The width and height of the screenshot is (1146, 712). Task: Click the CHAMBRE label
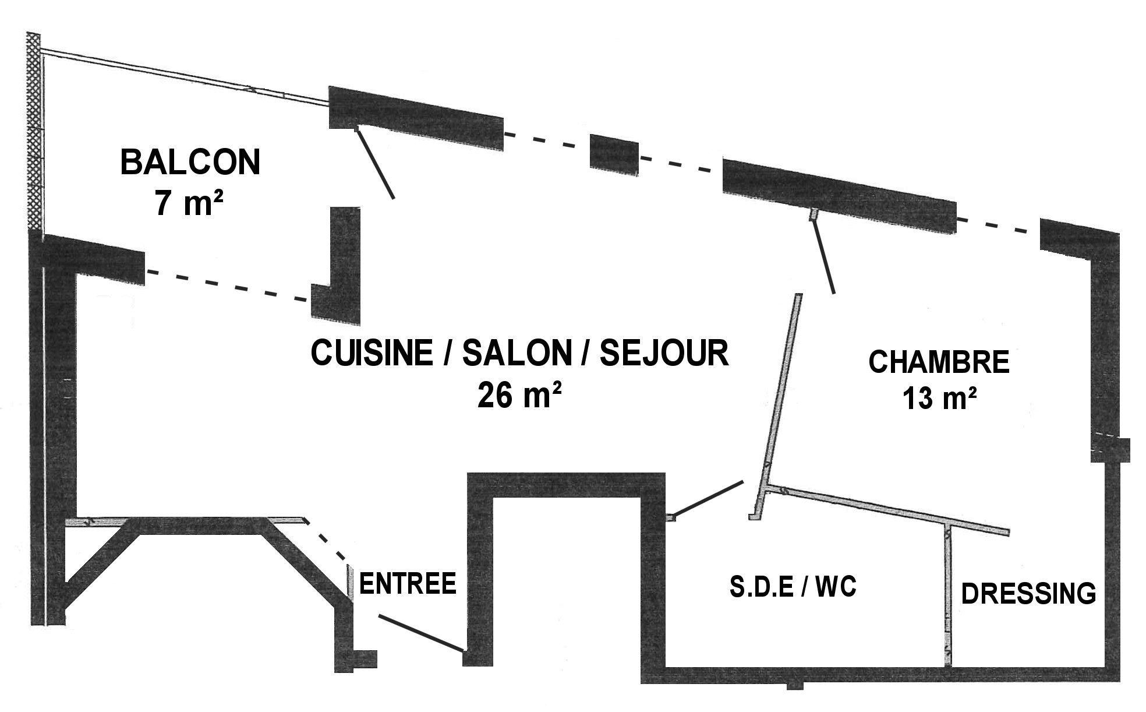[x=939, y=362]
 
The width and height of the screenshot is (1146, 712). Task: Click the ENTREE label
[x=408, y=583]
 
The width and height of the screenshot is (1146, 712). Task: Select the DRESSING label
[x=1028, y=593]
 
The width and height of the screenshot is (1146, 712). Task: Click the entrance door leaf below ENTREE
[x=422, y=632]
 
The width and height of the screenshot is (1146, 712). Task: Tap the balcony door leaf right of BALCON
[x=375, y=163]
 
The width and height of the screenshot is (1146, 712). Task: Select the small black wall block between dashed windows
[x=614, y=154]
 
